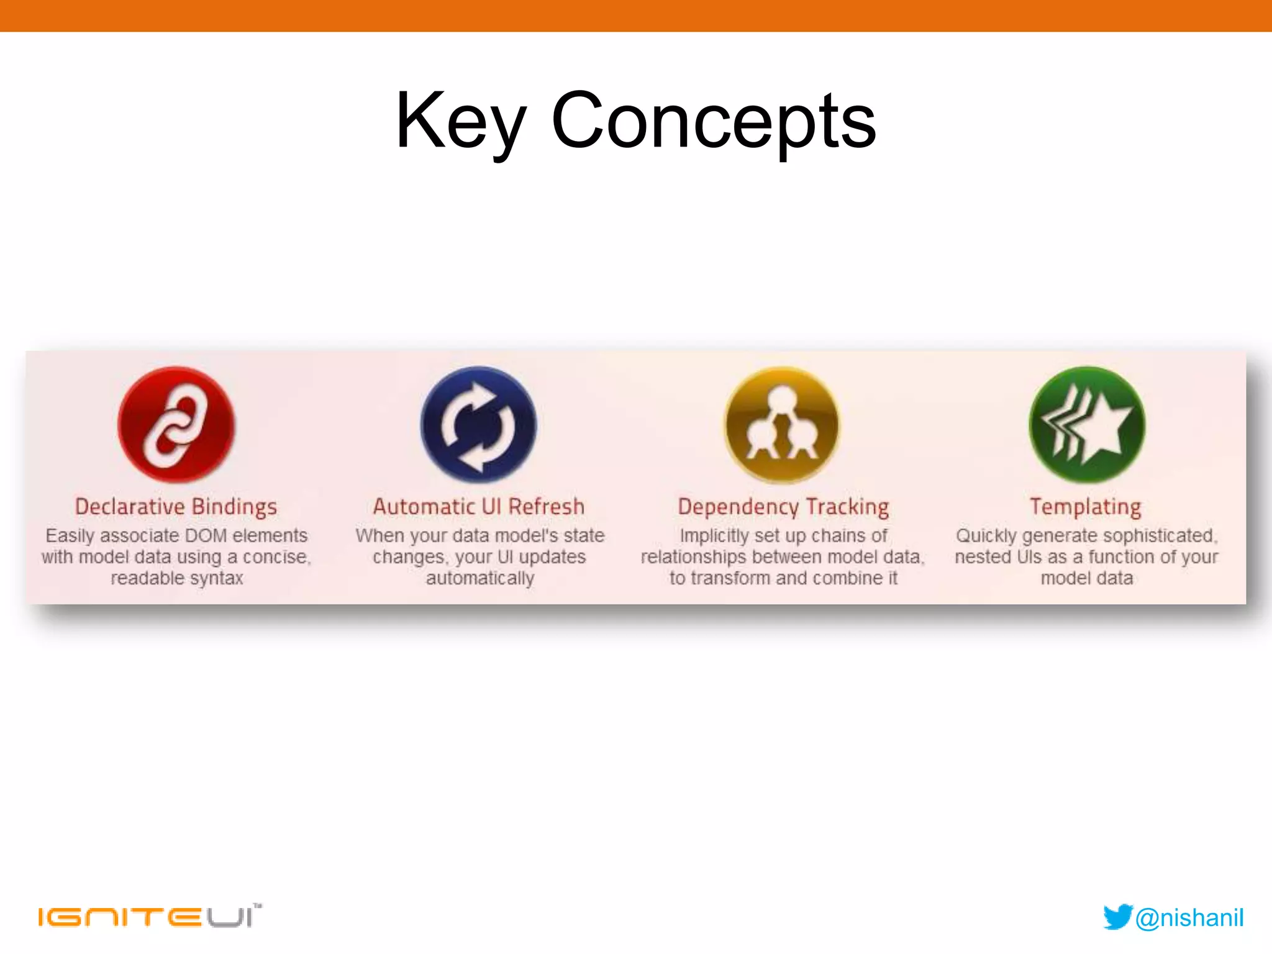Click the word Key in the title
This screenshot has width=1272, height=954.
tap(461, 121)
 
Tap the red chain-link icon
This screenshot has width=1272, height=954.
tap(176, 425)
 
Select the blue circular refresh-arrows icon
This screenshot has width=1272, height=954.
tap(478, 425)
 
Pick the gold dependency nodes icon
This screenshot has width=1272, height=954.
tap(782, 425)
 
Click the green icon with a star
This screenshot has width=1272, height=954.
tap(1086, 425)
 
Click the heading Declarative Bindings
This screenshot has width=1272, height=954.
tap(176, 507)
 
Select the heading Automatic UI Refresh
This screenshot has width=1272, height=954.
tap(479, 507)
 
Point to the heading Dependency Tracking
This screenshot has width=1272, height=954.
tap(783, 507)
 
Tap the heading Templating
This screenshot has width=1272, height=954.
tap(1086, 507)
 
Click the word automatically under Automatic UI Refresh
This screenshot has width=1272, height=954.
tap(479, 578)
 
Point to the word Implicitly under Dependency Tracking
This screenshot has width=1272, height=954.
tap(713, 535)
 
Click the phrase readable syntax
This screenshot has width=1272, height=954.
tap(176, 578)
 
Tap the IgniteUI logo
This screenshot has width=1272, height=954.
tap(149, 916)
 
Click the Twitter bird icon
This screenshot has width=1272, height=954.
tap(1117, 917)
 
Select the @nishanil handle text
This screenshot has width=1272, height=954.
tap(1189, 917)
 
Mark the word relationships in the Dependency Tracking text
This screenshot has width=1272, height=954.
tap(693, 557)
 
